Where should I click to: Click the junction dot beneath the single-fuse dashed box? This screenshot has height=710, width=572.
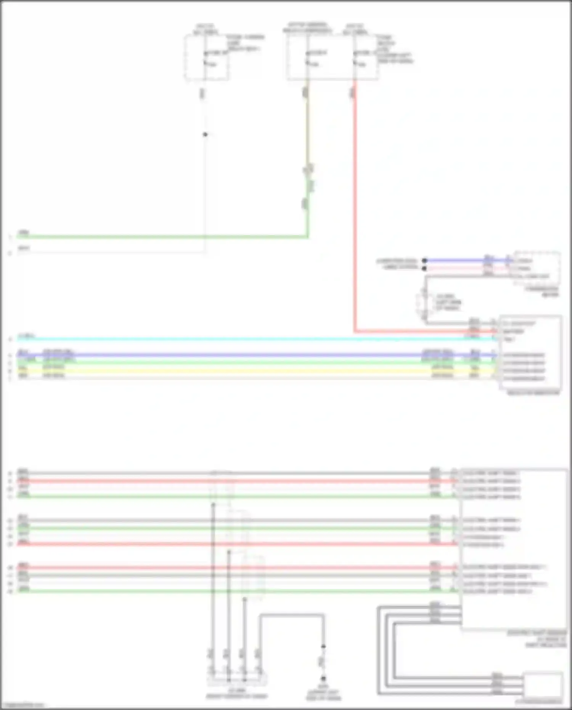pos(205,134)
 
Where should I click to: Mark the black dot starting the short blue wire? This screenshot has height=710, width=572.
pos(424,261)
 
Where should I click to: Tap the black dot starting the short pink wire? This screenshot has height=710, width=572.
pos(424,268)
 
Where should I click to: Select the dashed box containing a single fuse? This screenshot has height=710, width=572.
pos(206,58)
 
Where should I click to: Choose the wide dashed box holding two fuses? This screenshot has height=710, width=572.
pos(333,58)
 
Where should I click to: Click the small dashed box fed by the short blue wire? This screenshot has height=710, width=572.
pos(537,268)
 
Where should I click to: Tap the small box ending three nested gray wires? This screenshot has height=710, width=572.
pos(543,685)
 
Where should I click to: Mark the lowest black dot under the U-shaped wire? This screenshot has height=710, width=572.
pos(323,678)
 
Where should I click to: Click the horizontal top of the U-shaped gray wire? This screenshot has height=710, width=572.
pos(292,615)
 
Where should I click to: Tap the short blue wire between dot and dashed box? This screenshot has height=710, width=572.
pos(465,261)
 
